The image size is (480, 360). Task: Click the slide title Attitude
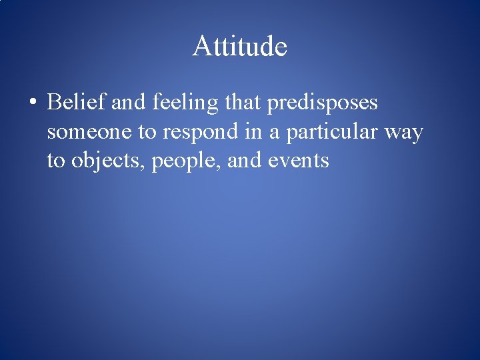pos(240,47)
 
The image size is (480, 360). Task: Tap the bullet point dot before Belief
pos(33,104)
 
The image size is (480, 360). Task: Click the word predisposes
pos(323,104)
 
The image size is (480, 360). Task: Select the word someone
pos(89,132)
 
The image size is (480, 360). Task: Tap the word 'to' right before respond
pos(147,132)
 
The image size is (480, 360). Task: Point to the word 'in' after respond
pos(254,132)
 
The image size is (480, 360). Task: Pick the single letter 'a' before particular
pos(274,133)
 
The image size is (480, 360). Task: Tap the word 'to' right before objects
pos(55,161)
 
